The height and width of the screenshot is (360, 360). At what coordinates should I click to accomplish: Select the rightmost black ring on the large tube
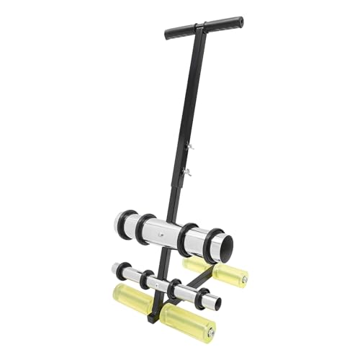point(212,246)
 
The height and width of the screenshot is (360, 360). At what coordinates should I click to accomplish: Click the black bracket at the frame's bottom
point(153,315)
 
